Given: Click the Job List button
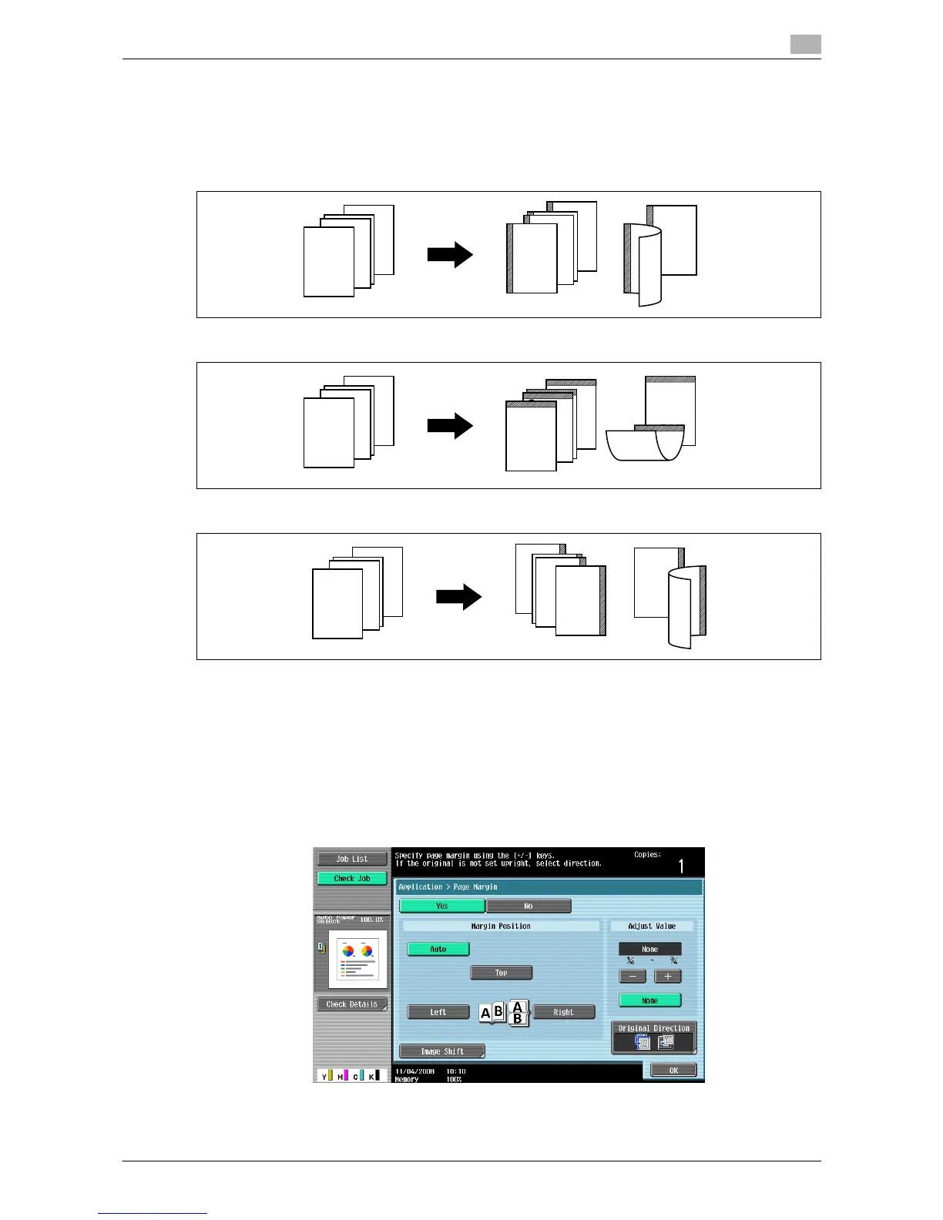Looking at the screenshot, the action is [352, 859].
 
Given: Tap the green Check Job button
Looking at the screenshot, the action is [352, 878].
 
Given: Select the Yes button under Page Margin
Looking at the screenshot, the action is [441, 906].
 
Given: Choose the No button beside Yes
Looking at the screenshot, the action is [529, 906].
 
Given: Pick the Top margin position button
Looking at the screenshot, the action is [501, 973].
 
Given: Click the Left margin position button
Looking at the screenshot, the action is [438, 1012].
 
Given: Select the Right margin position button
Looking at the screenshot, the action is [563, 1012].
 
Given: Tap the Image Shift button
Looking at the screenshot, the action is [441, 1051].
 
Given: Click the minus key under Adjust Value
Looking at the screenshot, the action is [633, 977].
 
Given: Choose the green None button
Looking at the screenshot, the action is [649, 1000].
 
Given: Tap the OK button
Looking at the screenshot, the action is [673, 1070].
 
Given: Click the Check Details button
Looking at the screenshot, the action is [351, 1004].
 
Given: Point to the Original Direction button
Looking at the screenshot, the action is [653, 1038].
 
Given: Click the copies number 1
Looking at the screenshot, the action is [681, 866].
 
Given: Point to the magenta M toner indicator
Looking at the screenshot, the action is [341, 1075].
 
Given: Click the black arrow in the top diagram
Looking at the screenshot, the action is [450, 255].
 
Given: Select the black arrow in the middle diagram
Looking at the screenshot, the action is [450, 426].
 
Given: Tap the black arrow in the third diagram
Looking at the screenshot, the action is [458, 597].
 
